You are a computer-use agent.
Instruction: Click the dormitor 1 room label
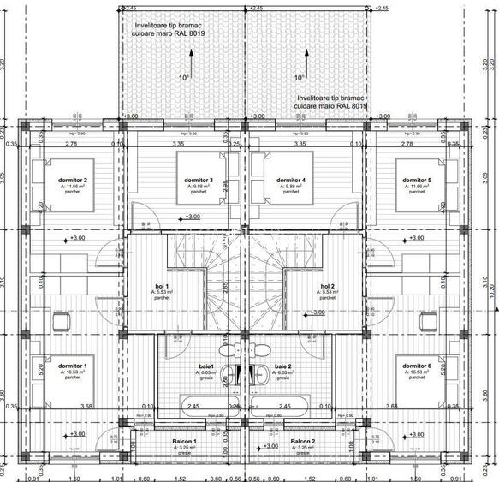[73, 365]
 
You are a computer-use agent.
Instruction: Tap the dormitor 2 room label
[73, 180]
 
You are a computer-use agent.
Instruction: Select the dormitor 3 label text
[199, 180]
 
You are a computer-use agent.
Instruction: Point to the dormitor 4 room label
[291, 180]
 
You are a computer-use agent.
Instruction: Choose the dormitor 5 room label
[417, 180]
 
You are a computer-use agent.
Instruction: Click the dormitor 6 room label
[417, 365]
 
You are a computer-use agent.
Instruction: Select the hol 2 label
[327, 286]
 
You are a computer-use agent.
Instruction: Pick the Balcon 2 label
[302, 442]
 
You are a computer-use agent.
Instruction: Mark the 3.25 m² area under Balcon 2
[302, 448]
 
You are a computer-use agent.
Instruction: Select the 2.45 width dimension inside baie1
[193, 407]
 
